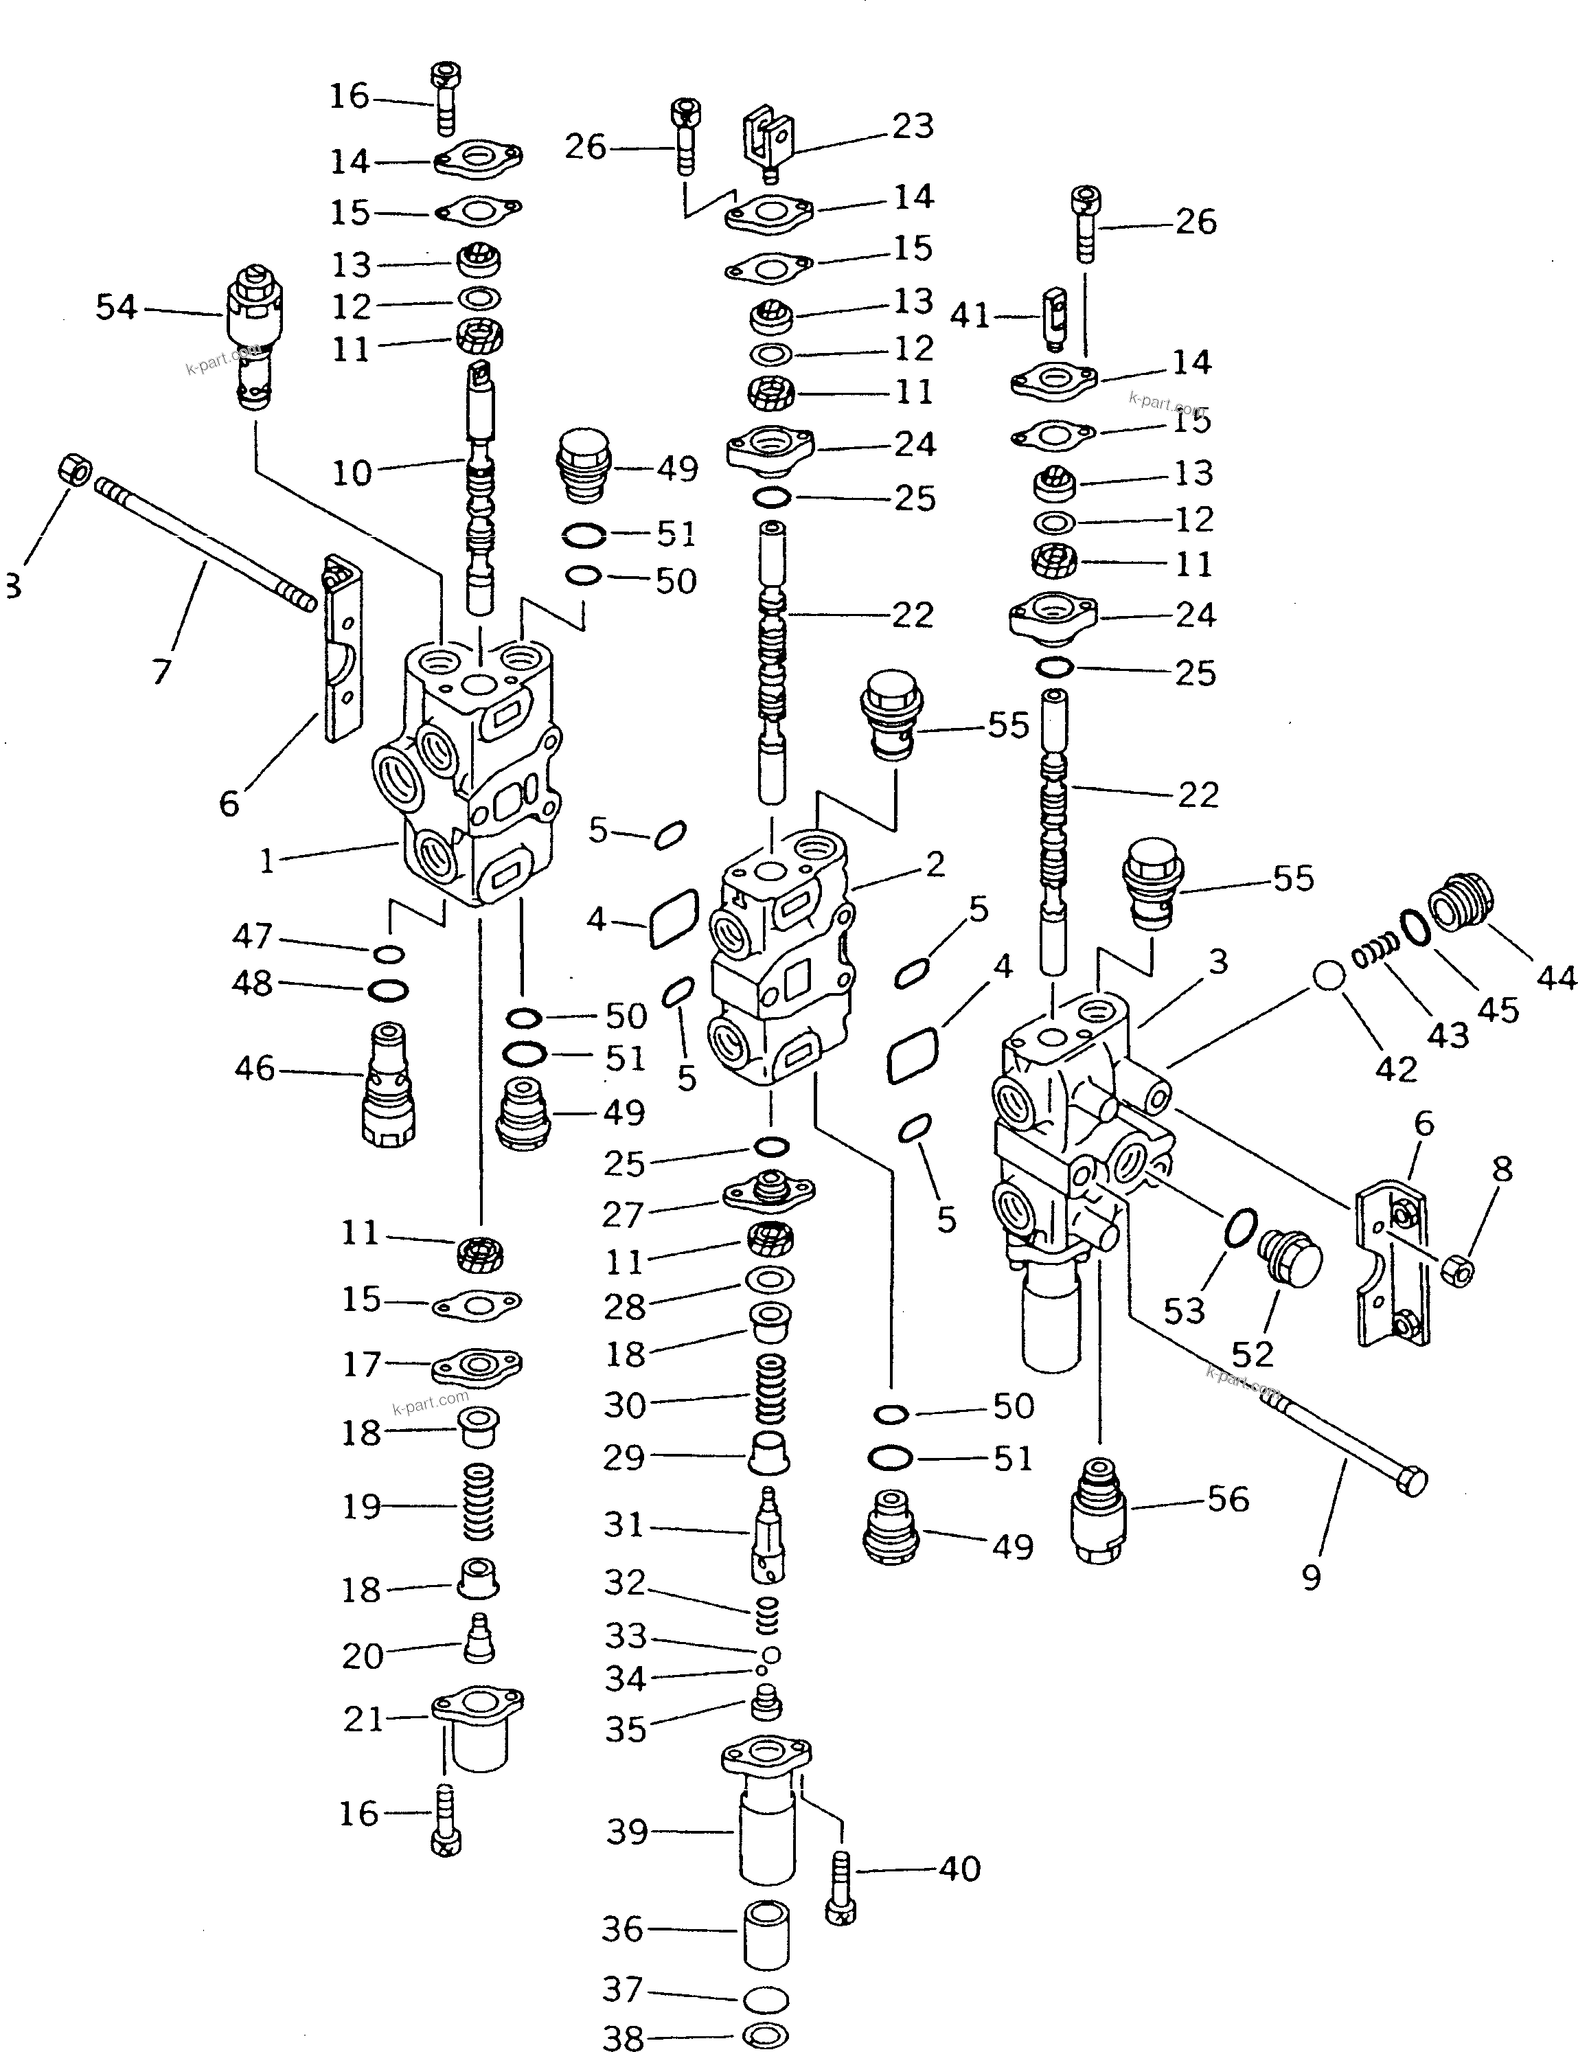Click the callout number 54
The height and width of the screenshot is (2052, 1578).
point(117,307)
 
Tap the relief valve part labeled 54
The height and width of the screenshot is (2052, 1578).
point(253,343)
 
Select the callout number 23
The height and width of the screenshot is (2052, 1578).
point(912,126)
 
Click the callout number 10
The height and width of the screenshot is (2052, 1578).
point(352,472)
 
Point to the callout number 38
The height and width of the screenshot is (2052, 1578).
point(624,2037)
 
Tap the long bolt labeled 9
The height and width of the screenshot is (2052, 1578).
point(1343,1446)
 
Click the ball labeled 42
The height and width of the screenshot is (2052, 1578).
point(1328,977)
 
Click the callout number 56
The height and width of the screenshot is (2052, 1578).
point(1228,1499)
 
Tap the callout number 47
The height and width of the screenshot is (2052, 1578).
point(252,936)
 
